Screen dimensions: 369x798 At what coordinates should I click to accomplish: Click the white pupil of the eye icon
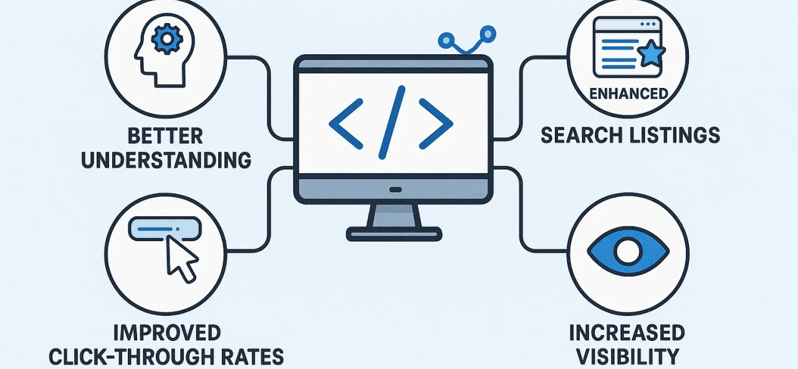coord(628,251)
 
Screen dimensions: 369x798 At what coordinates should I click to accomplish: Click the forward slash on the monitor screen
coord(392,123)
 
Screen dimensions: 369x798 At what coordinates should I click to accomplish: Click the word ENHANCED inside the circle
coord(628,94)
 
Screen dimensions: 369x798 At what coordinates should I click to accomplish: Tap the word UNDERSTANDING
coord(166,160)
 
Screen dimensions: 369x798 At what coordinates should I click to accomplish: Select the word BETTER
coord(166,136)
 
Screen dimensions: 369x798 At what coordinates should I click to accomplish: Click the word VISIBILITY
coord(627,356)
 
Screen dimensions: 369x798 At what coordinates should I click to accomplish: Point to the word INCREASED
coord(627,332)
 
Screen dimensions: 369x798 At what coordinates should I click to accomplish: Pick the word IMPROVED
coord(166,332)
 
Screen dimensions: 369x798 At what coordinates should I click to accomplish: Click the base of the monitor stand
coord(394,234)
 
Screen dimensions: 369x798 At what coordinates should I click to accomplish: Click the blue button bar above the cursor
coord(165,229)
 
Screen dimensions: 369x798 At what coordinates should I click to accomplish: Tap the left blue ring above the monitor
coord(446,41)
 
